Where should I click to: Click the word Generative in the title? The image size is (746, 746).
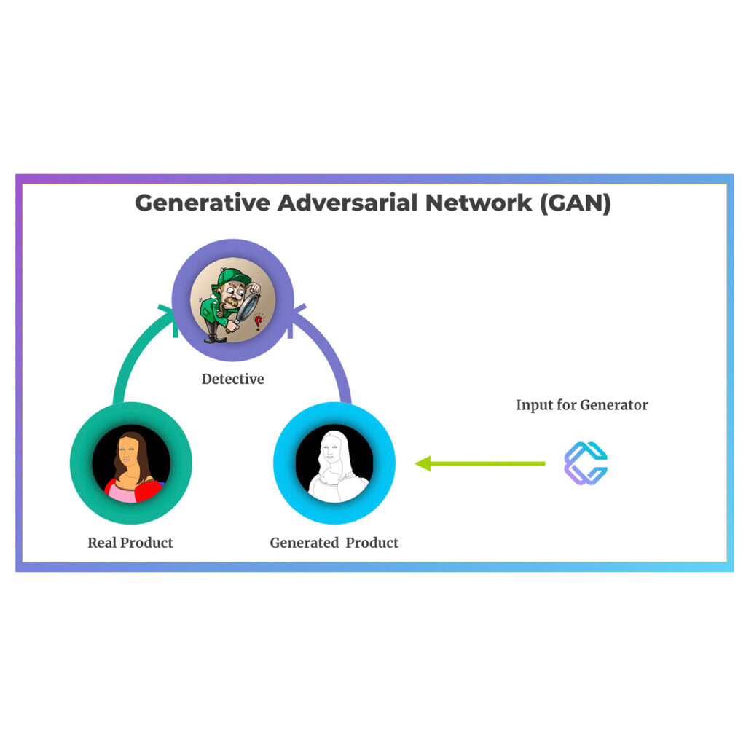(202, 203)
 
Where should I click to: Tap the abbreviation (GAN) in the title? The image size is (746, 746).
(576, 203)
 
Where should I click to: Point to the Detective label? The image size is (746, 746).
(232, 379)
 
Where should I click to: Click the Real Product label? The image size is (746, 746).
(130, 543)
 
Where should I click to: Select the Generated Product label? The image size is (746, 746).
(334, 543)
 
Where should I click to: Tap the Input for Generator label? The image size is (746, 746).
(581, 405)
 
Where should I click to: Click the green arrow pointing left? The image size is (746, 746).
(481, 463)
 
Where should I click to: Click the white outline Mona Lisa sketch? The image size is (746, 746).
(333, 466)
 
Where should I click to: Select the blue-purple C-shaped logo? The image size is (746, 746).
(586, 463)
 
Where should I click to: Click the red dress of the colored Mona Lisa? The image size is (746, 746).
(146, 490)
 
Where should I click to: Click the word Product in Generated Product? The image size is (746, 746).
(372, 543)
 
